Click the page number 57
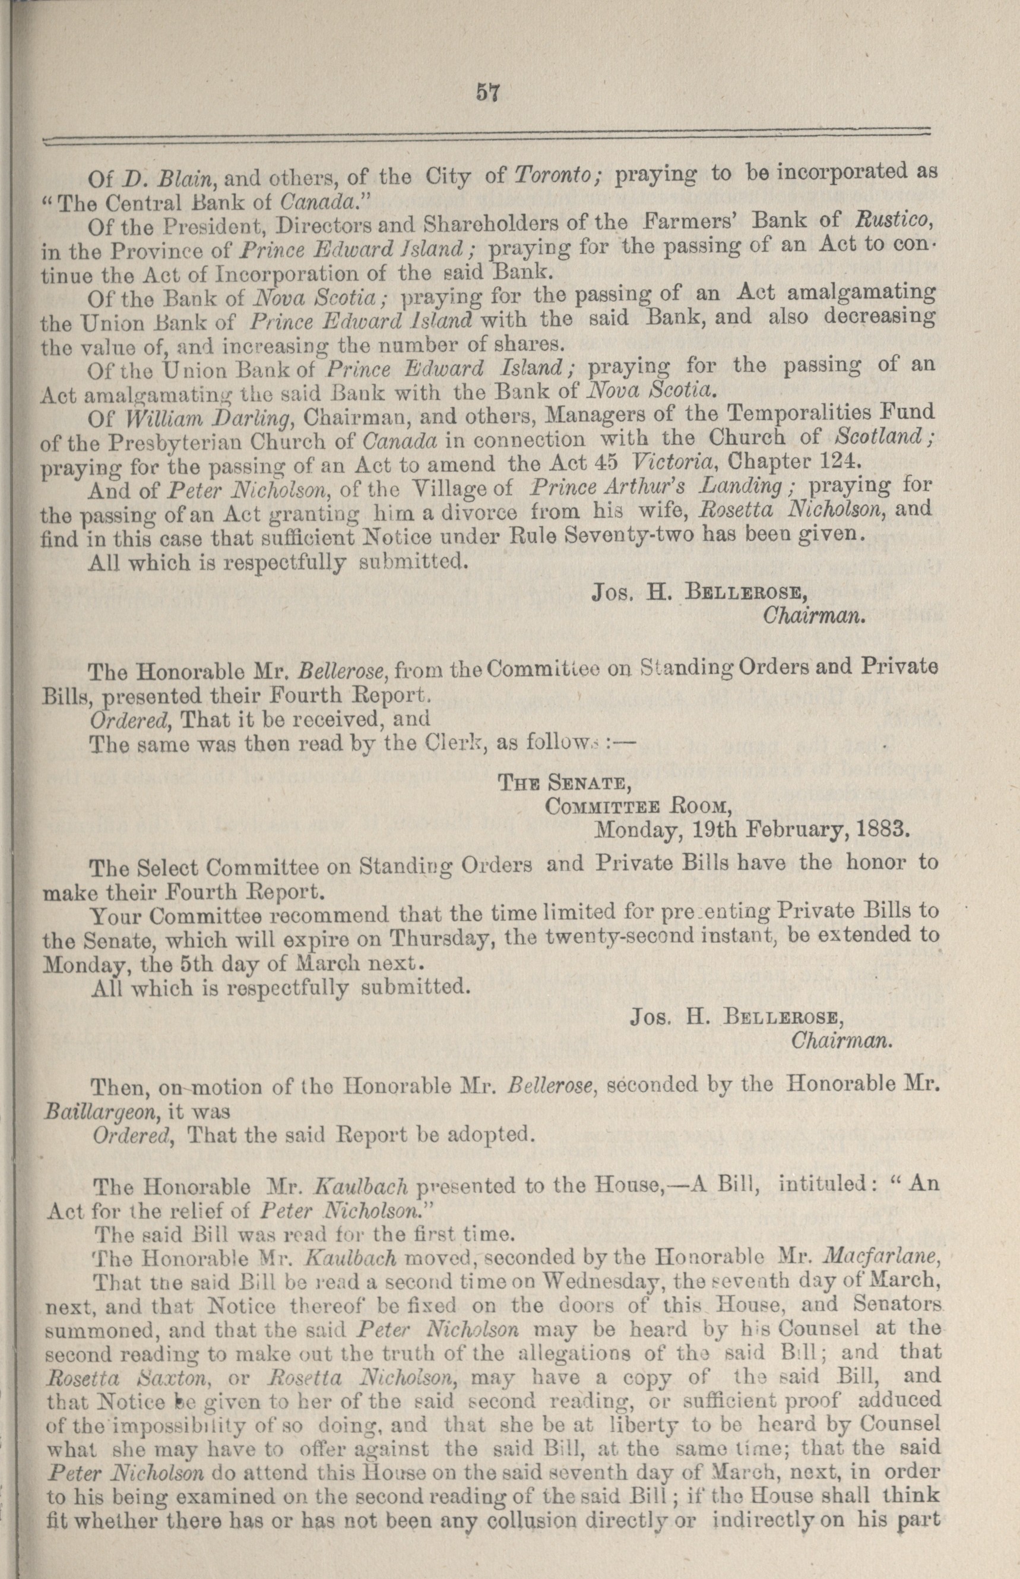click(x=486, y=93)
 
